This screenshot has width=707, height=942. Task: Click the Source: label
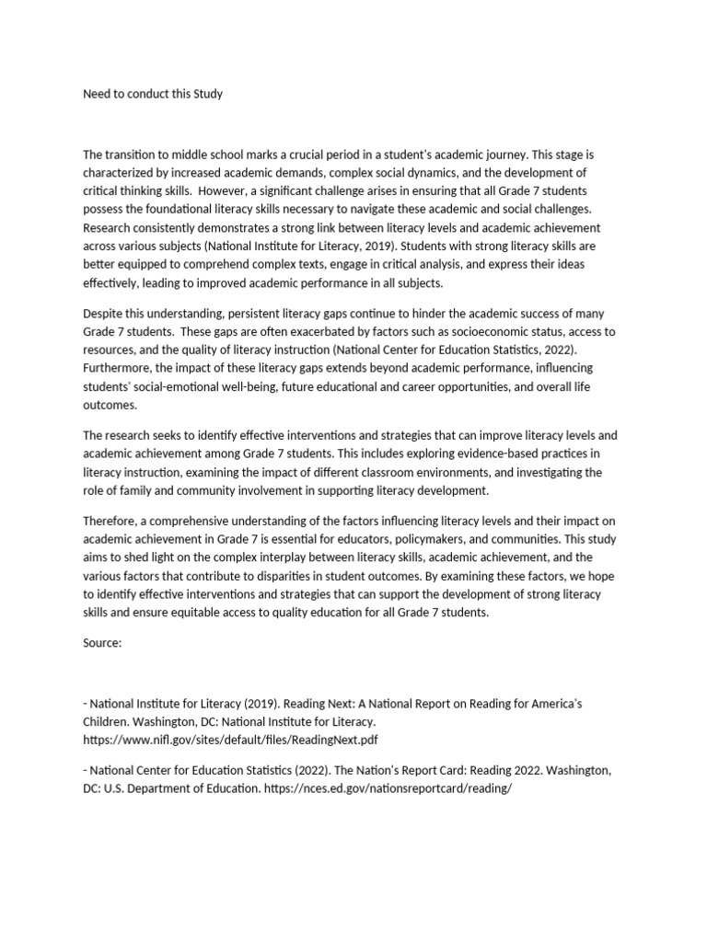click(x=102, y=643)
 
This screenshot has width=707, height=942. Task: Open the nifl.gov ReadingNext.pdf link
click(x=230, y=739)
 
